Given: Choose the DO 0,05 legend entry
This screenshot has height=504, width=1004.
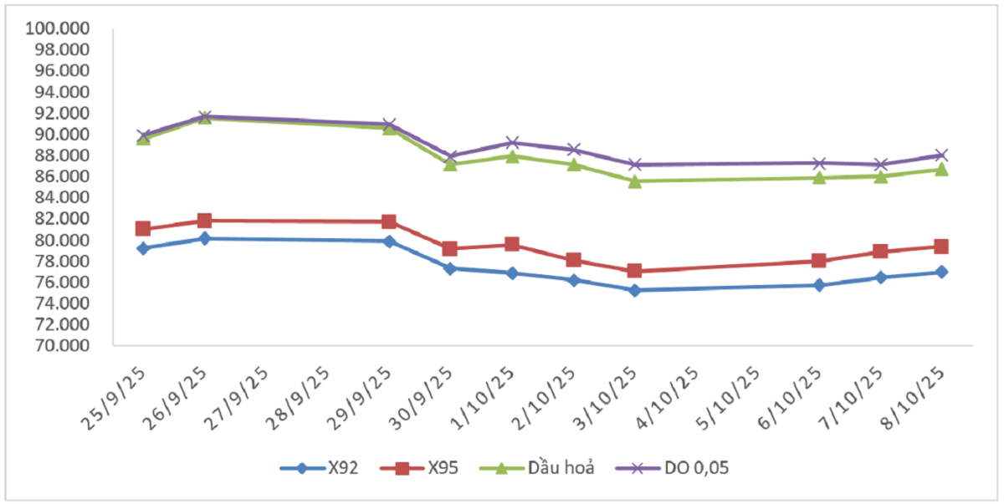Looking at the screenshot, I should coord(668,468).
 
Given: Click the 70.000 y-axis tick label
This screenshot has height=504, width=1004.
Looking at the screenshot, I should coord(59,345).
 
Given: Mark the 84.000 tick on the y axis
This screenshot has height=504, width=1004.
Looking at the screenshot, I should coord(59,198).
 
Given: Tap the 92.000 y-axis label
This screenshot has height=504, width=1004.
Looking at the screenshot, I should coord(59,114).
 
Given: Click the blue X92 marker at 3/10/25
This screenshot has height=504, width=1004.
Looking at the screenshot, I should coord(635,290).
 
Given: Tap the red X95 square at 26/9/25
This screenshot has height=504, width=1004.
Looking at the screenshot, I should coord(204,221).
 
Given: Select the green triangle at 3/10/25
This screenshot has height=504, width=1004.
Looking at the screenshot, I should coord(635,181).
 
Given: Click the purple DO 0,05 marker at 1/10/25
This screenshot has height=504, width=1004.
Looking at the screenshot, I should coord(512,143).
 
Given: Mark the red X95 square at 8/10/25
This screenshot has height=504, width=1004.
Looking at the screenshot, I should coord(941,247).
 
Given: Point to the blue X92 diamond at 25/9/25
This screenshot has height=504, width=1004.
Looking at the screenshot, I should coord(143,248).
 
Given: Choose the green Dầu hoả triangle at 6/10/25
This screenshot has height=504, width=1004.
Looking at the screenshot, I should coord(819,177).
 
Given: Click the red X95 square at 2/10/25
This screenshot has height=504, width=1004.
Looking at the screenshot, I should coord(573,260).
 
